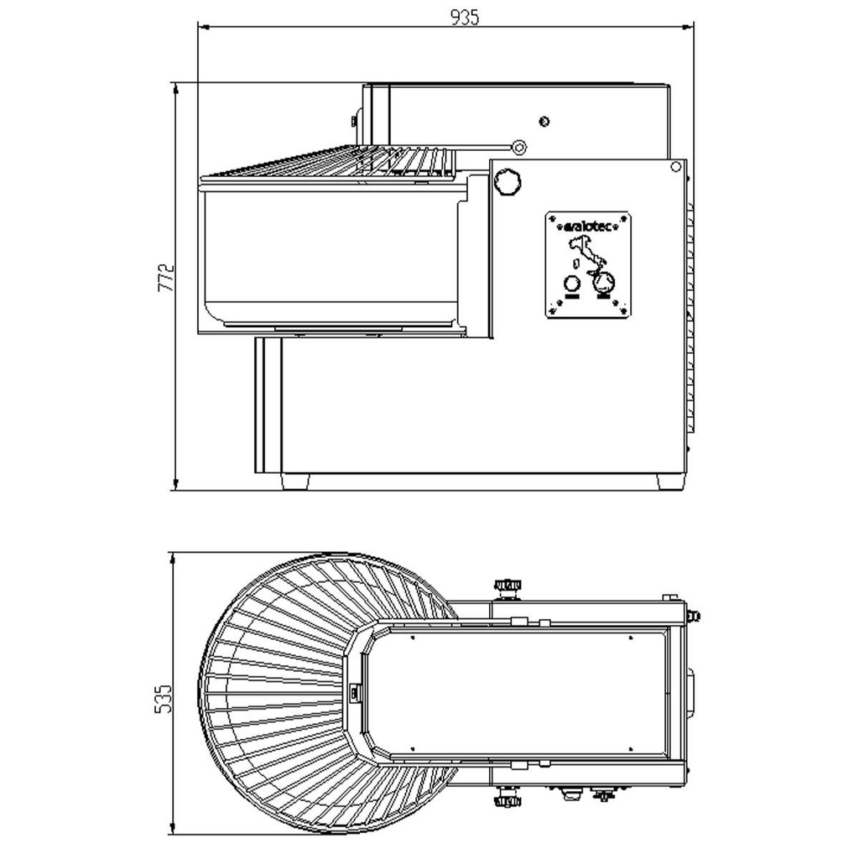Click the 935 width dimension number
coord(465,18)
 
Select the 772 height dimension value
coord(166,278)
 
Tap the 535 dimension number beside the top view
coord(164,698)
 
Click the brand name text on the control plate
coord(588,226)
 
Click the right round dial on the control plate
coord(604,283)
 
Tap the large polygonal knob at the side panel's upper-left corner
coord(508,180)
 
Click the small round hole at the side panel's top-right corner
coord(676,166)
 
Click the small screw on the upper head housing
coord(544,122)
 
